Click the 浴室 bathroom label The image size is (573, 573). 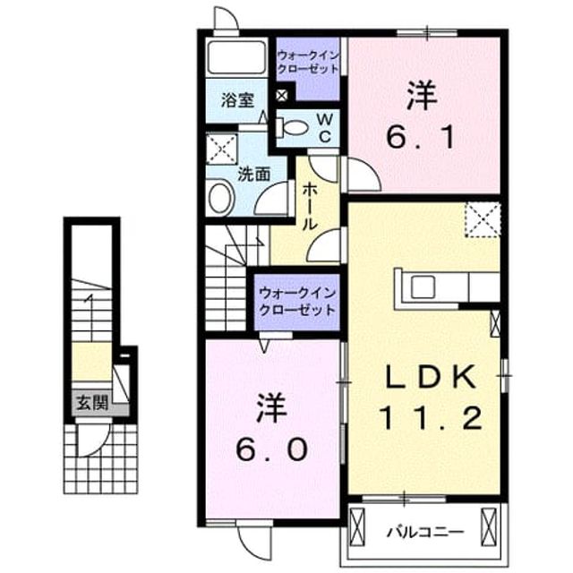coord(237,100)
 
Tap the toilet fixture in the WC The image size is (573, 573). coord(292,127)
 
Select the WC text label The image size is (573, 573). coord(324,127)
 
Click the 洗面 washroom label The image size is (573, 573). coord(254,175)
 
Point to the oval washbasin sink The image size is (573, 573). coord(221,198)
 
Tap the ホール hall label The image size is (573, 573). coord(310,207)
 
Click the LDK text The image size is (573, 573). coord(432,377)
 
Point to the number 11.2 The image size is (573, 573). coord(432,418)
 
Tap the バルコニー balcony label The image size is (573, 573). coord(425,532)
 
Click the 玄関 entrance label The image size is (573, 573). coord(92,403)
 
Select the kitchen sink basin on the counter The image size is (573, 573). coord(423,286)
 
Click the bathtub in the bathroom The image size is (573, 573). coord(236,57)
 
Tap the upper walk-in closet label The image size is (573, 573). coord(308,62)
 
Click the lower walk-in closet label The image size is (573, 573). coord(296,303)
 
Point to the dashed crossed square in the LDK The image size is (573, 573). coord(483,220)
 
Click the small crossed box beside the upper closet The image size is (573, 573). coord(282,96)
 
